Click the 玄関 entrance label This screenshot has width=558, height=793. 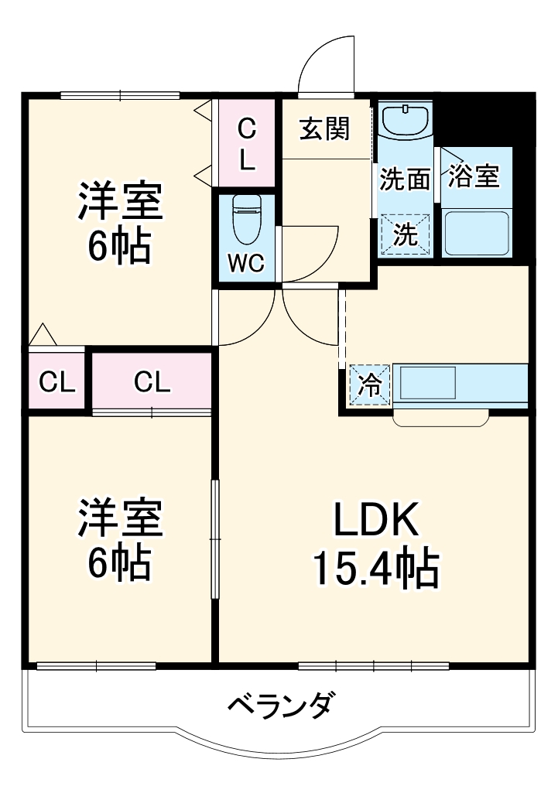325,128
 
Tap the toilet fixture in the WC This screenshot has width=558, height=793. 246,219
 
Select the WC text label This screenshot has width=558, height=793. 246,264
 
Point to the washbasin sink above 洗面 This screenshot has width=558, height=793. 405,120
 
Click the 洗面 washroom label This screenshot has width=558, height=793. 404,179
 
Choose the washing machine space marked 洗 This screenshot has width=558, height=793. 405,234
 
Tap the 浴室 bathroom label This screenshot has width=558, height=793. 474,176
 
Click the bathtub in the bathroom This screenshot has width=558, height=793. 475,233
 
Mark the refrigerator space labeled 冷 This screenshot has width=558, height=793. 371,385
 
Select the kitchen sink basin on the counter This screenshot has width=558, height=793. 427,383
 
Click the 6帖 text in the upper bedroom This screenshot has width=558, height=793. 119,248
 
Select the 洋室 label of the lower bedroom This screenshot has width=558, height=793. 119,518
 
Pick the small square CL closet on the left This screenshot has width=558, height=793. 58,381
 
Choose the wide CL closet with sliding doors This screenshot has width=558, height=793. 152,381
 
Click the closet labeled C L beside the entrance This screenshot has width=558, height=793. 246,144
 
